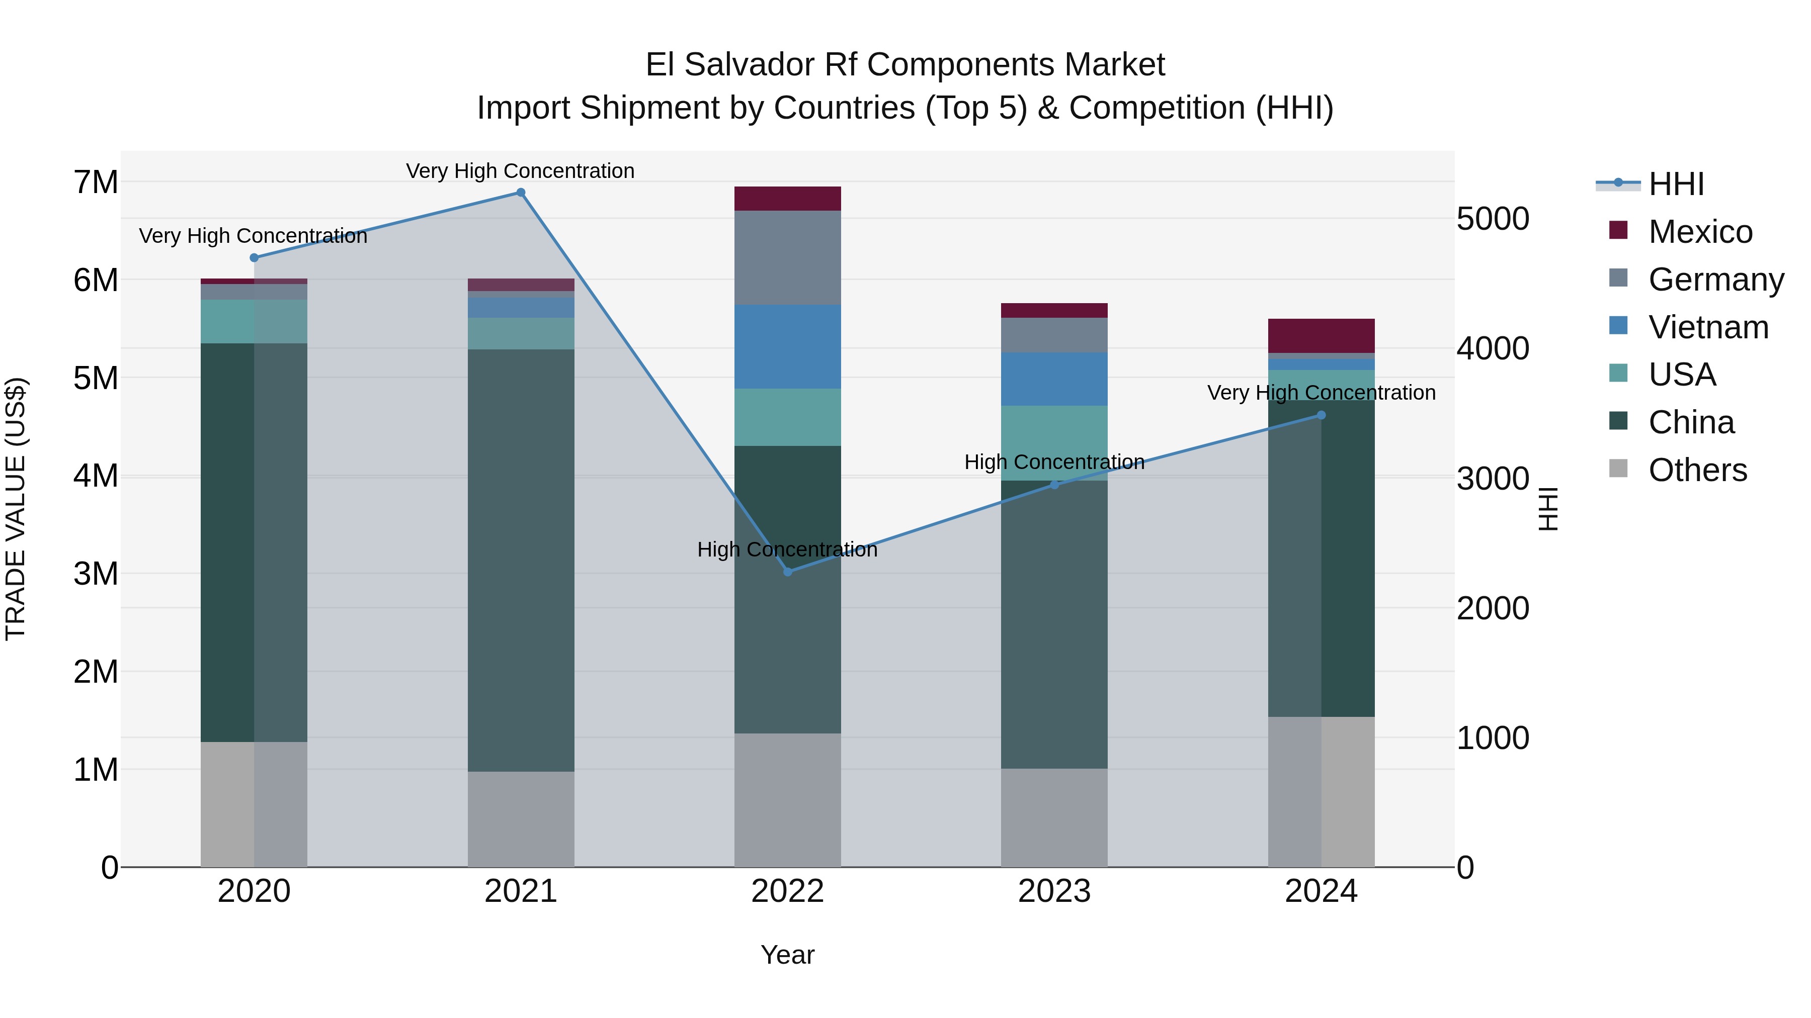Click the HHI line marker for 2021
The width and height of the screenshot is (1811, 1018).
point(521,193)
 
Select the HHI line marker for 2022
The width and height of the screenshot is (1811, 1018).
point(787,572)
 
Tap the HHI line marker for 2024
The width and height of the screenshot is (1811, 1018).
point(1321,415)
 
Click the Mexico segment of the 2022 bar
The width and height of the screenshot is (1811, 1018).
point(787,199)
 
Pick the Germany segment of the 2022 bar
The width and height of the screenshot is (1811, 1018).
point(787,258)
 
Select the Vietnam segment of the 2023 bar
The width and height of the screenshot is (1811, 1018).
point(1054,380)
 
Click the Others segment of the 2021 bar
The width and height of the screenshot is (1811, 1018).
point(521,819)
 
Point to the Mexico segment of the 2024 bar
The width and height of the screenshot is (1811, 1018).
point(1321,336)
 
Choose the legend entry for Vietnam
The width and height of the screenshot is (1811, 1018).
point(1708,327)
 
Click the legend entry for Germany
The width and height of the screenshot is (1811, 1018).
point(1715,280)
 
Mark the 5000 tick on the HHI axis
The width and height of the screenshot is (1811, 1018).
point(1493,219)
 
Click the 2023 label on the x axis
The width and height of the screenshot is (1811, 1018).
point(1054,891)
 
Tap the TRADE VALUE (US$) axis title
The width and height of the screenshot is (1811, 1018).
point(16,509)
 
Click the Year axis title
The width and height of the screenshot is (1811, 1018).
point(787,955)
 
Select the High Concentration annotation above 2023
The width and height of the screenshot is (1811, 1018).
point(1054,462)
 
